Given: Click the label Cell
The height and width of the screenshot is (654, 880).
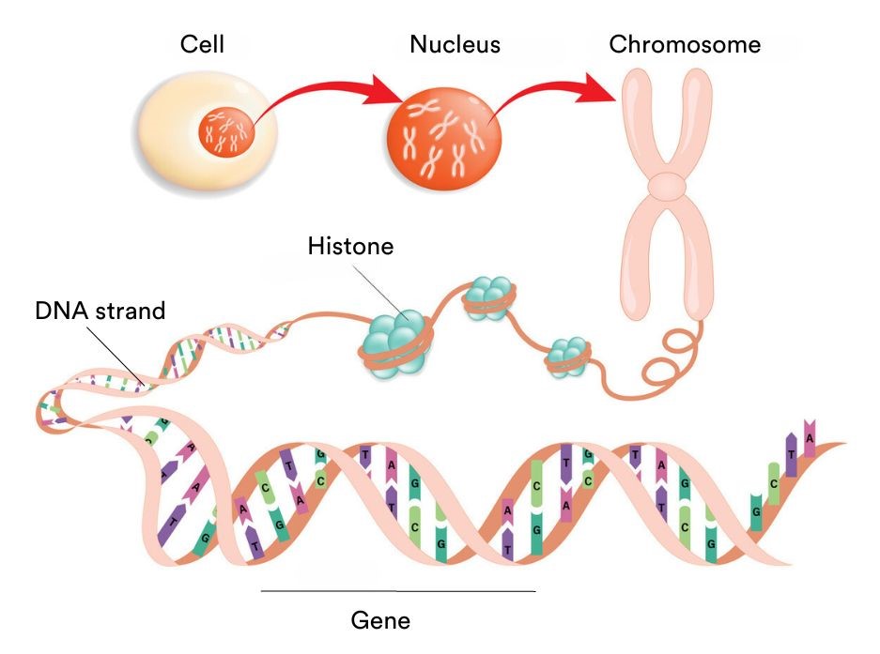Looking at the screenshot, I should [x=201, y=44].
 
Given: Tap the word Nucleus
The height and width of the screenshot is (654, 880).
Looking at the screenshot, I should [x=455, y=44].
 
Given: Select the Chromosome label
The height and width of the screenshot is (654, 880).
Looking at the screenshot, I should [x=685, y=44].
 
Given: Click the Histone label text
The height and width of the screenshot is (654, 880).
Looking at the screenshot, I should [x=350, y=247].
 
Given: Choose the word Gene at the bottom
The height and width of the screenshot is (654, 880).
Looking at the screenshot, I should [x=380, y=620].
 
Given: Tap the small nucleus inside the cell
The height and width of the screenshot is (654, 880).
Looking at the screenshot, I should [x=225, y=131].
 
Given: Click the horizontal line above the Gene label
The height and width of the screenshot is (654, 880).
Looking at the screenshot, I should [x=397, y=591].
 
